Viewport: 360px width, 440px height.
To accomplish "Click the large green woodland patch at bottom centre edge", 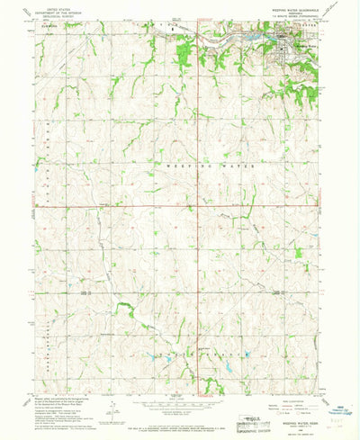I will (211, 385).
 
